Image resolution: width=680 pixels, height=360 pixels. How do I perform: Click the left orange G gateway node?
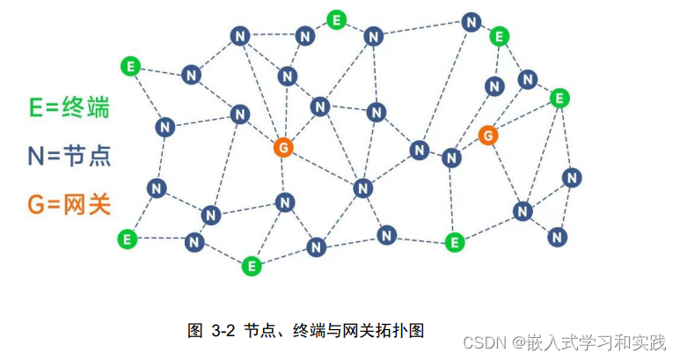click(282, 147)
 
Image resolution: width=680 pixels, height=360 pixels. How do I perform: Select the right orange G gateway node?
click(488, 135)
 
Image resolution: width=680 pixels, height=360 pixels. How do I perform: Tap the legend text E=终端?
click(74, 107)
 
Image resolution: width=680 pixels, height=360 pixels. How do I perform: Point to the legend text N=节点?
click(74, 156)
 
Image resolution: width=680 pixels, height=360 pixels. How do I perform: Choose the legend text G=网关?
click(74, 204)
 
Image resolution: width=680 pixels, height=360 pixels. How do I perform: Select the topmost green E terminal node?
click(336, 19)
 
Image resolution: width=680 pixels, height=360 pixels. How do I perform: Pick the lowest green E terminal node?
click(252, 264)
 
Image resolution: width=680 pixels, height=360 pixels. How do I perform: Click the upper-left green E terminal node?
click(131, 66)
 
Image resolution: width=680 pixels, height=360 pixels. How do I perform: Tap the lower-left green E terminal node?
click(128, 238)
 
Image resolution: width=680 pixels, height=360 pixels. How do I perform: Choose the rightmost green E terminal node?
click(559, 98)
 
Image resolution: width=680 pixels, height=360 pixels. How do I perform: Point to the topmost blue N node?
click(472, 21)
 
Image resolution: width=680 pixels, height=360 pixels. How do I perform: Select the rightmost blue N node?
click(573, 178)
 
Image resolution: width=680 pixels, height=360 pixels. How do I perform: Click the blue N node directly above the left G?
click(287, 76)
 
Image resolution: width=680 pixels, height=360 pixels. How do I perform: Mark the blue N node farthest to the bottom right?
click(557, 236)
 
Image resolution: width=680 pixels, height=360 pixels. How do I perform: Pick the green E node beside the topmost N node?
click(499, 37)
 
